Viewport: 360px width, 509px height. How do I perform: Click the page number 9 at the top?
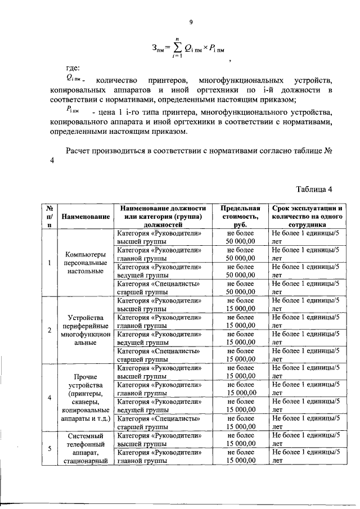[191, 22]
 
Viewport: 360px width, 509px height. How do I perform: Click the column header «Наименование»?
[85, 217]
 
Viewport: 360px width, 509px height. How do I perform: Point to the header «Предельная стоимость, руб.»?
[241, 217]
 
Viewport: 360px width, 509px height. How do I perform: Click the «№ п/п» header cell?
[50, 217]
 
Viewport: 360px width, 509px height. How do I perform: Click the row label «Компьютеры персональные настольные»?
[85, 262]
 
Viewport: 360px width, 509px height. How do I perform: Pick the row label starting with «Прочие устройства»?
[85, 398]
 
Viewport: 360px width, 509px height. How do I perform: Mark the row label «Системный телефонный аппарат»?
[85, 448]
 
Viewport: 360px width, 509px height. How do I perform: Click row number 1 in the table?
[50, 262]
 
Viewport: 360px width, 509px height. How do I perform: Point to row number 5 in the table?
[50, 448]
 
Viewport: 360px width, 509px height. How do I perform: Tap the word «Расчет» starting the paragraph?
[80, 151]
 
